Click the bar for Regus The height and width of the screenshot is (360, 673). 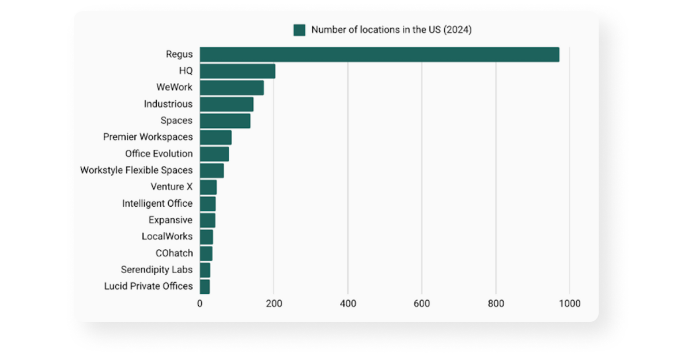[x=379, y=55]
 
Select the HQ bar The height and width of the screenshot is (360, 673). [x=237, y=71]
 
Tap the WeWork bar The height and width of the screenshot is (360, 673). [x=232, y=88]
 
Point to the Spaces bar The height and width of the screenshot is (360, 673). [x=225, y=121]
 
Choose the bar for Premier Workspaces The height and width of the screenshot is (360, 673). [x=215, y=137]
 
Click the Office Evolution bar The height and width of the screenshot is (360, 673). [x=214, y=154]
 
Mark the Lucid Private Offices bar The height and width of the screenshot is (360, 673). [x=205, y=286]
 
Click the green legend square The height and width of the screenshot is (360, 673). [x=299, y=30]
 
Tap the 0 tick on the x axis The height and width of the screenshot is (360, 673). [x=200, y=304]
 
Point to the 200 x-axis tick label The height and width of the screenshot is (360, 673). [x=274, y=304]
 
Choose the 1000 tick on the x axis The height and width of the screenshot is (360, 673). [x=569, y=304]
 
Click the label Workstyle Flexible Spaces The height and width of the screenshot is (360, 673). [x=136, y=170]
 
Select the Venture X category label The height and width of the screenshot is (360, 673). [x=171, y=187]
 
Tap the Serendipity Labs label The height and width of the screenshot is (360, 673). [x=156, y=270]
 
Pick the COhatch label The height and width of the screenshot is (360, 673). [x=174, y=253]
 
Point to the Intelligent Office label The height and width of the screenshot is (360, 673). [x=157, y=203]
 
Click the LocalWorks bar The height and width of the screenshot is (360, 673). [x=206, y=237]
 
